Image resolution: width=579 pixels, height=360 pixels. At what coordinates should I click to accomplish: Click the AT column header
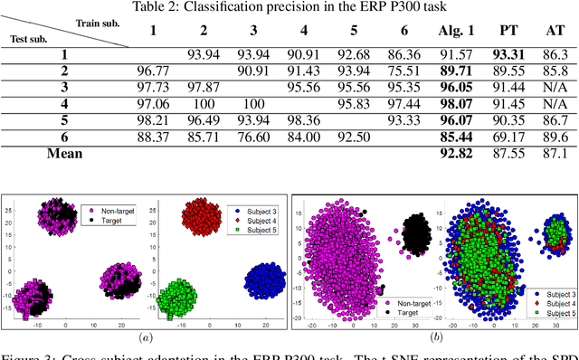coord(556,33)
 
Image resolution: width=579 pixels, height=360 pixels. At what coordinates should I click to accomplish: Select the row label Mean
coord(64,153)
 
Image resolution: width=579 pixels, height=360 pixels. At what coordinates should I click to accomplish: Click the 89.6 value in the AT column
coord(556,136)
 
